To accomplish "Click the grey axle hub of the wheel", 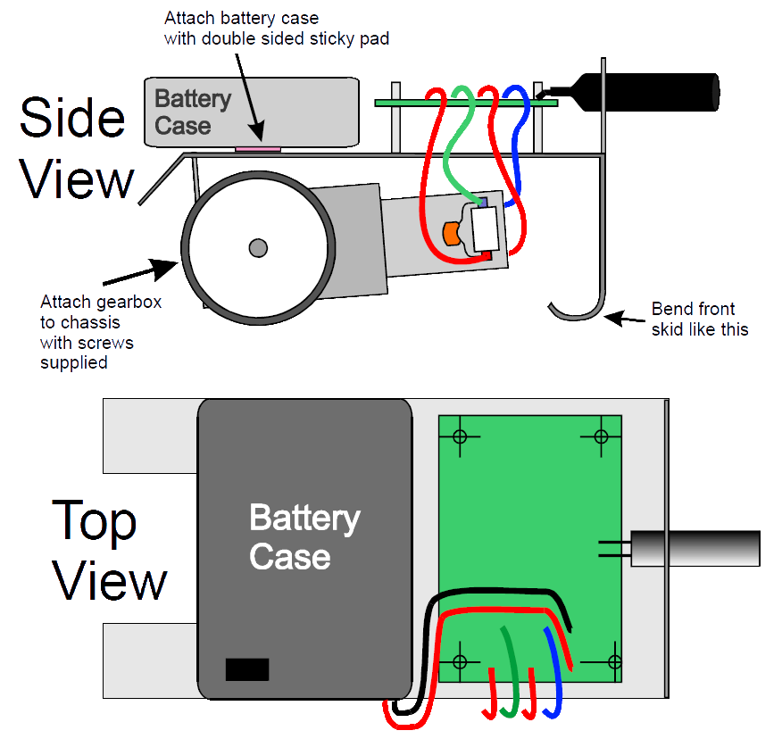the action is coord(258,248).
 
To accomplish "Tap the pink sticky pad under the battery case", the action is coord(258,148).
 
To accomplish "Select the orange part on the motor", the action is coord(451,233).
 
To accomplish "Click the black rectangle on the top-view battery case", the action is coord(247,669).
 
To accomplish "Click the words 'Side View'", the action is coord(76,148).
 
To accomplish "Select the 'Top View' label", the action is coord(109,550).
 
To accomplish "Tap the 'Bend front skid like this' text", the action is coord(700,320).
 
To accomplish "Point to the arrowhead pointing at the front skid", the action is coord(614,318).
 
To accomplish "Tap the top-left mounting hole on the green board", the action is coord(460,436).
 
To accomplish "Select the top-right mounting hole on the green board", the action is coord(601,436).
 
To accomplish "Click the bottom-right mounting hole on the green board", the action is coord(614,661).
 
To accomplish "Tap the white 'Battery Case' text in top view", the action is coord(304,536).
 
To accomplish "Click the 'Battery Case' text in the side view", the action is coord(193,112).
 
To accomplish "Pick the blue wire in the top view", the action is coord(554,673).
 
